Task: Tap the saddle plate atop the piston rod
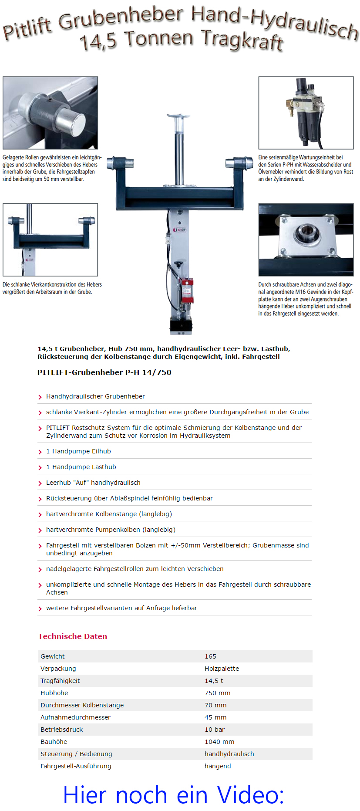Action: (x=178, y=116)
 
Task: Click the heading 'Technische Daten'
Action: (x=72, y=636)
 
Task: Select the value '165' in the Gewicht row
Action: (x=210, y=656)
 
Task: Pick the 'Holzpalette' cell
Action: (x=222, y=669)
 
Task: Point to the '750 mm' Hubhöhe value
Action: (x=217, y=693)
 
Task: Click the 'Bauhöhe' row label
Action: (x=54, y=742)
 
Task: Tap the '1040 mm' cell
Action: (x=219, y=742)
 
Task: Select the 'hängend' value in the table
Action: (x=218, y=766)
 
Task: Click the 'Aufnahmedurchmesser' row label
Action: (x=75, y=717)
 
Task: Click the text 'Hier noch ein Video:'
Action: (x=174, y=794)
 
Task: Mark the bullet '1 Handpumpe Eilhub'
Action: (x=78, y=451)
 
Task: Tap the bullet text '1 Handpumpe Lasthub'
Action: (x=81, y=467)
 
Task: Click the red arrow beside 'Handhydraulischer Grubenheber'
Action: (x=40, y=397)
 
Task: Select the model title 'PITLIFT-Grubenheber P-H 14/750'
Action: (x=104, y=372)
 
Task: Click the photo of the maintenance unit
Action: (x=306, y=113)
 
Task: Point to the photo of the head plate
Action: (x=306, y=240)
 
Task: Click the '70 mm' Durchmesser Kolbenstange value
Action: (x=215, y=705)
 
